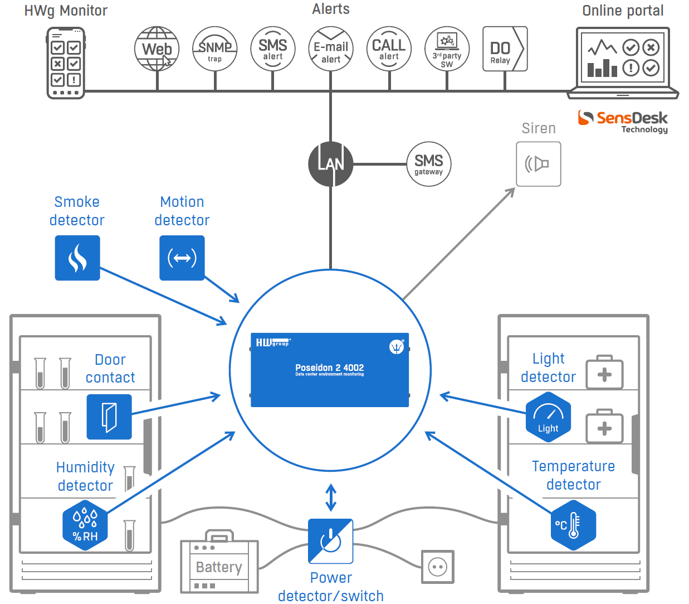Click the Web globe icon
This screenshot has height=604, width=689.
pos(157,49)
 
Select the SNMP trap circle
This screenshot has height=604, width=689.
pos(215,49)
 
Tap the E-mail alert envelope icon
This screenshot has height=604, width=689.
pos(331,49)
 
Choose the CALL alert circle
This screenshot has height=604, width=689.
pos(389,49)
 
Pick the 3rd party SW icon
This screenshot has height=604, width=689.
pos(447,49)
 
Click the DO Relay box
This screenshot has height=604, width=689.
pos(505,49)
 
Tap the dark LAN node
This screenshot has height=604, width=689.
pos(331,164)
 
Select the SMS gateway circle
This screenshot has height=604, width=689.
pos(429,164)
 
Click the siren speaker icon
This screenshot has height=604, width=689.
pos(539,164)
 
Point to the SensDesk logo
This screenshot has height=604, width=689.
pos(623,122)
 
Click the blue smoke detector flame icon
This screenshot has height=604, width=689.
pos(77,258)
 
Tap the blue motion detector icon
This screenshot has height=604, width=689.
pos(182,258)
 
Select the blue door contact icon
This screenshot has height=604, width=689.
pos(109,417)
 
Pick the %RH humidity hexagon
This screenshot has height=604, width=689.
pos(85,525)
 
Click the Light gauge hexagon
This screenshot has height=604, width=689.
pos(548,417)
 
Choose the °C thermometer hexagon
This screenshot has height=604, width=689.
pos(574,525)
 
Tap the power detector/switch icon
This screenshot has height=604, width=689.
pos(331,541)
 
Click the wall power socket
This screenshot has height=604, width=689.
pos(438,567)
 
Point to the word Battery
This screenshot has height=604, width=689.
pos(219,567)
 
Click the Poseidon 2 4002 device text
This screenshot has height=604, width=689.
pos(330,368)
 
